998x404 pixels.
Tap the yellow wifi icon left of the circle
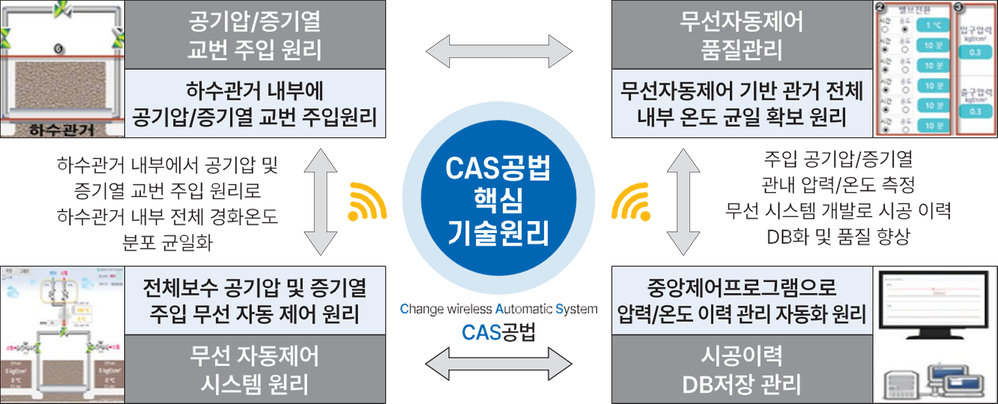(x=367, y=202)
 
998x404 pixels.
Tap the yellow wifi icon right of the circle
(x=631, y=202)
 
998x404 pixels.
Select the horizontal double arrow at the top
(x=499, y=51)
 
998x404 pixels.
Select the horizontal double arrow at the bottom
(x=499, y=364)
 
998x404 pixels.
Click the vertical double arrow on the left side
(x=320, y=202)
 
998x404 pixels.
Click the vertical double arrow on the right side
(x=683, y=202)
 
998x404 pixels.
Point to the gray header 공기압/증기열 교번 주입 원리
(x=254, y=35)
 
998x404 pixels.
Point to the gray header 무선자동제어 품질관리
(x=742, y=35)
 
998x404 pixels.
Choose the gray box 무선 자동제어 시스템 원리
(x=254, y=370)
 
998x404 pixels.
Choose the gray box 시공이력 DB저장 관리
(x=742, y=370)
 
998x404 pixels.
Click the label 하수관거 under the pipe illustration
(x=61, y=130)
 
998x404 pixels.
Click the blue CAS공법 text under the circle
(x=498, y=332)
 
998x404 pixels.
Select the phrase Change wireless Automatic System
(x=498, y=309)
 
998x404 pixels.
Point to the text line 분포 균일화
(x=168, y=242)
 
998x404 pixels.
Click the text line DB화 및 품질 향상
(x=838, y=236)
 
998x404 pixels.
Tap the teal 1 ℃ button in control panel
(x=933, y=25)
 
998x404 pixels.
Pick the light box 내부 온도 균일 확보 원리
(x=742, y=104)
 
